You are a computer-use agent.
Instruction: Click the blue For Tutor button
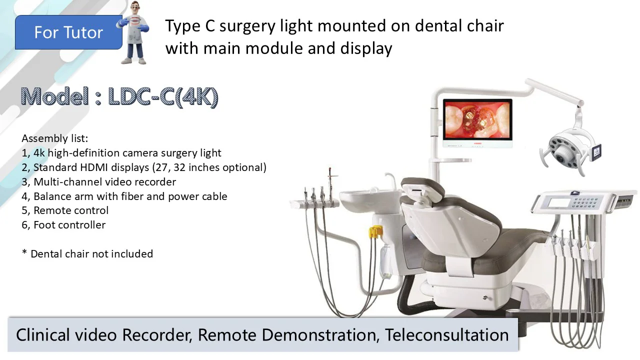pos(68,32)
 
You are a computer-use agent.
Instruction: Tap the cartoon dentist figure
pos(133,32)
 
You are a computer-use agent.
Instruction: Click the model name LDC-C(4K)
pos(163,97)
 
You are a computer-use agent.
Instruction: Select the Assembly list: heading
pos(55,138)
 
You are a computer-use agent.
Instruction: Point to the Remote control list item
pos(65,210)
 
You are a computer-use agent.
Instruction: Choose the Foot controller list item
pos(63,225)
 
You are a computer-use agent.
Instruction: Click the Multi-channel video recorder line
pos(99,182)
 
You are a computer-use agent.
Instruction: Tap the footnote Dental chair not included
pos(87,253)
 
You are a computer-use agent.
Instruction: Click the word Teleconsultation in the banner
pos(447,335)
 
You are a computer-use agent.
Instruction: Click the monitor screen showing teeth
pos(477,120)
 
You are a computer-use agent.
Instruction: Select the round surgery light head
pos(568,151)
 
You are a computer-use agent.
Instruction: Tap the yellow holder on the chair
pos(375,231)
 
